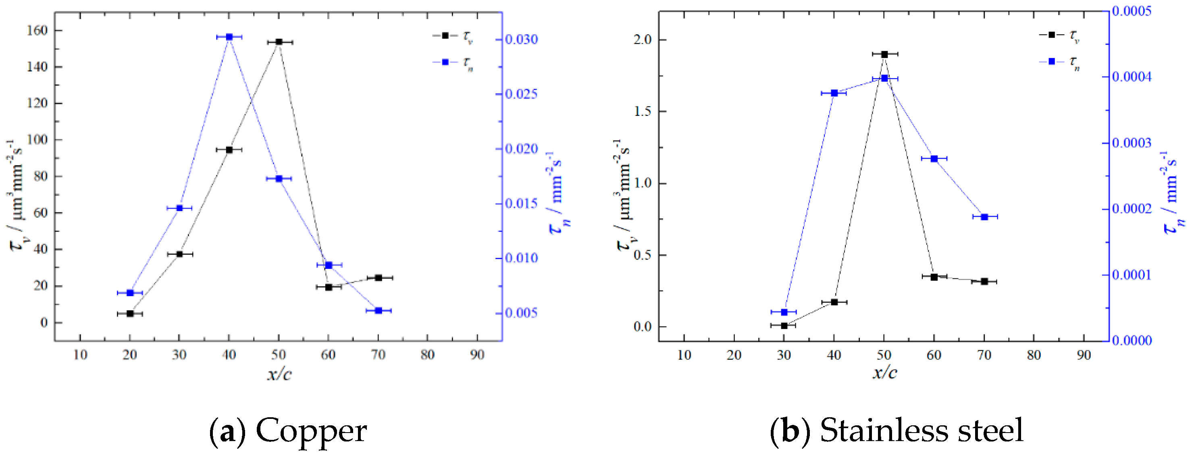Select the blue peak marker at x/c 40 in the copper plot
click(229, 37)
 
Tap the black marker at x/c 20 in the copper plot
click(130, 314)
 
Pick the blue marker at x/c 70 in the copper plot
click(378, 310)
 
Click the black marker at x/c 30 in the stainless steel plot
click(784, 326)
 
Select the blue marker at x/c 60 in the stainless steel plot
click(934, 159)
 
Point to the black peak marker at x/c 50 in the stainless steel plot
click(884, 54)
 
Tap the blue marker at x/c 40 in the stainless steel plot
click(834, 93)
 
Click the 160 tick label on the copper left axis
click(37, 31)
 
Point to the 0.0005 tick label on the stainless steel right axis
click(1132, 11)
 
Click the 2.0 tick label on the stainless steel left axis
click(643, 40)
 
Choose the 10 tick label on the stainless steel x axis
click(684, 356)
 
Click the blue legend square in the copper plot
click(445, 62)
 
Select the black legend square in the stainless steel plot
click(1051, 35)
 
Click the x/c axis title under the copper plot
click(279, 374)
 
